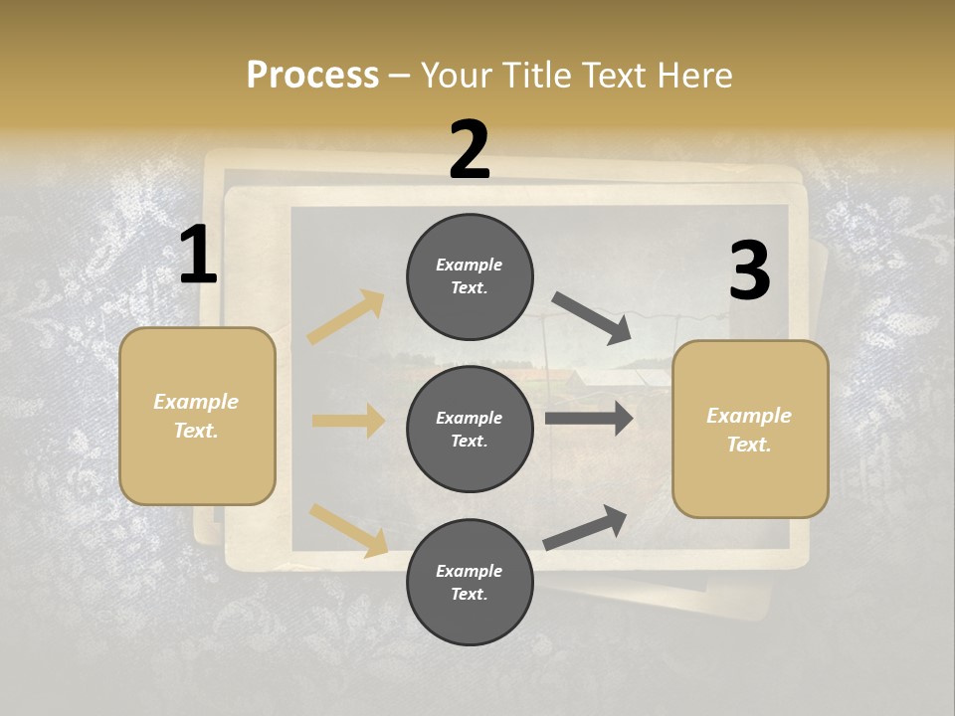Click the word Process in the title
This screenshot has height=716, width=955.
(312, 75)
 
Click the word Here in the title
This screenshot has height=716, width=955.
(692, 75)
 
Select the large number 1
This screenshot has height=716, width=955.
(198, 256)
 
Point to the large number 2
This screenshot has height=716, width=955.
(470, 150)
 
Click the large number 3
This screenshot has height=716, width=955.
(749, 271)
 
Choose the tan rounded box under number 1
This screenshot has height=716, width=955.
(197, 416)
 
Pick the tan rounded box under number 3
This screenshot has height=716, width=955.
(750, 429)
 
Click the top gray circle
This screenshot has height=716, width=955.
(470, 276)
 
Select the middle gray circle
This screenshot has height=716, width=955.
(470, 429)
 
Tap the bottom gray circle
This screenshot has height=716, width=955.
(470, 582)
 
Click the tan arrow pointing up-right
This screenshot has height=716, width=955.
(346, 316)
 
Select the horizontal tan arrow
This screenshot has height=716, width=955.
(348, 421)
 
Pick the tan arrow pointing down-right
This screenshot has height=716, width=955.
(348, 530)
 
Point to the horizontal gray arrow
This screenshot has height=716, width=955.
(589, 419)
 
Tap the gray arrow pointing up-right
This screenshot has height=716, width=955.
(585, 528)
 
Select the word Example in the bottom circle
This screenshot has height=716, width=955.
(470, 571)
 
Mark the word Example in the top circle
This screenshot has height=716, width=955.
(470, 265)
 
